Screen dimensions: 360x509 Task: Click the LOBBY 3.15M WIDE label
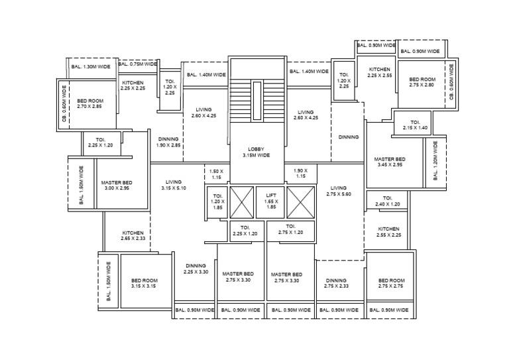tap(257, 152)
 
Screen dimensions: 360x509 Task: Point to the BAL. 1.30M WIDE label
tap(90, 66)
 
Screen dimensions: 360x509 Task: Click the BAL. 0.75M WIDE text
tap(137, 64)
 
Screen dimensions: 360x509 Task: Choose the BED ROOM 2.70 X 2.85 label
tap(89, 103)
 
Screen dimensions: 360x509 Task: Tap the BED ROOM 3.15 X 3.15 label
tap(143, 283)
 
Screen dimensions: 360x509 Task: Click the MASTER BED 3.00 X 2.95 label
tap(117, 186)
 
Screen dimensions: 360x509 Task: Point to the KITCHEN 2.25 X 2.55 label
tap(380, 72)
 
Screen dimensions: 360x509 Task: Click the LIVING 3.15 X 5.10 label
tap(174, 185)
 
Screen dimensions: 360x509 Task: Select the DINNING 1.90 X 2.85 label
tap(168, 142)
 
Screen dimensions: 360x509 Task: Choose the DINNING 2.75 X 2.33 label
tap(336, 283)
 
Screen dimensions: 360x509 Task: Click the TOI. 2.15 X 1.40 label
tap(415, 125)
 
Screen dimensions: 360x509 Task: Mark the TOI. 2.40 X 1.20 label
tap(388, 202)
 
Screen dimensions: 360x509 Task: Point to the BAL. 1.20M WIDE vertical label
tap(435, 160)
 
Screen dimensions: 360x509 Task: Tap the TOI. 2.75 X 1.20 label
tap(290, 230)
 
